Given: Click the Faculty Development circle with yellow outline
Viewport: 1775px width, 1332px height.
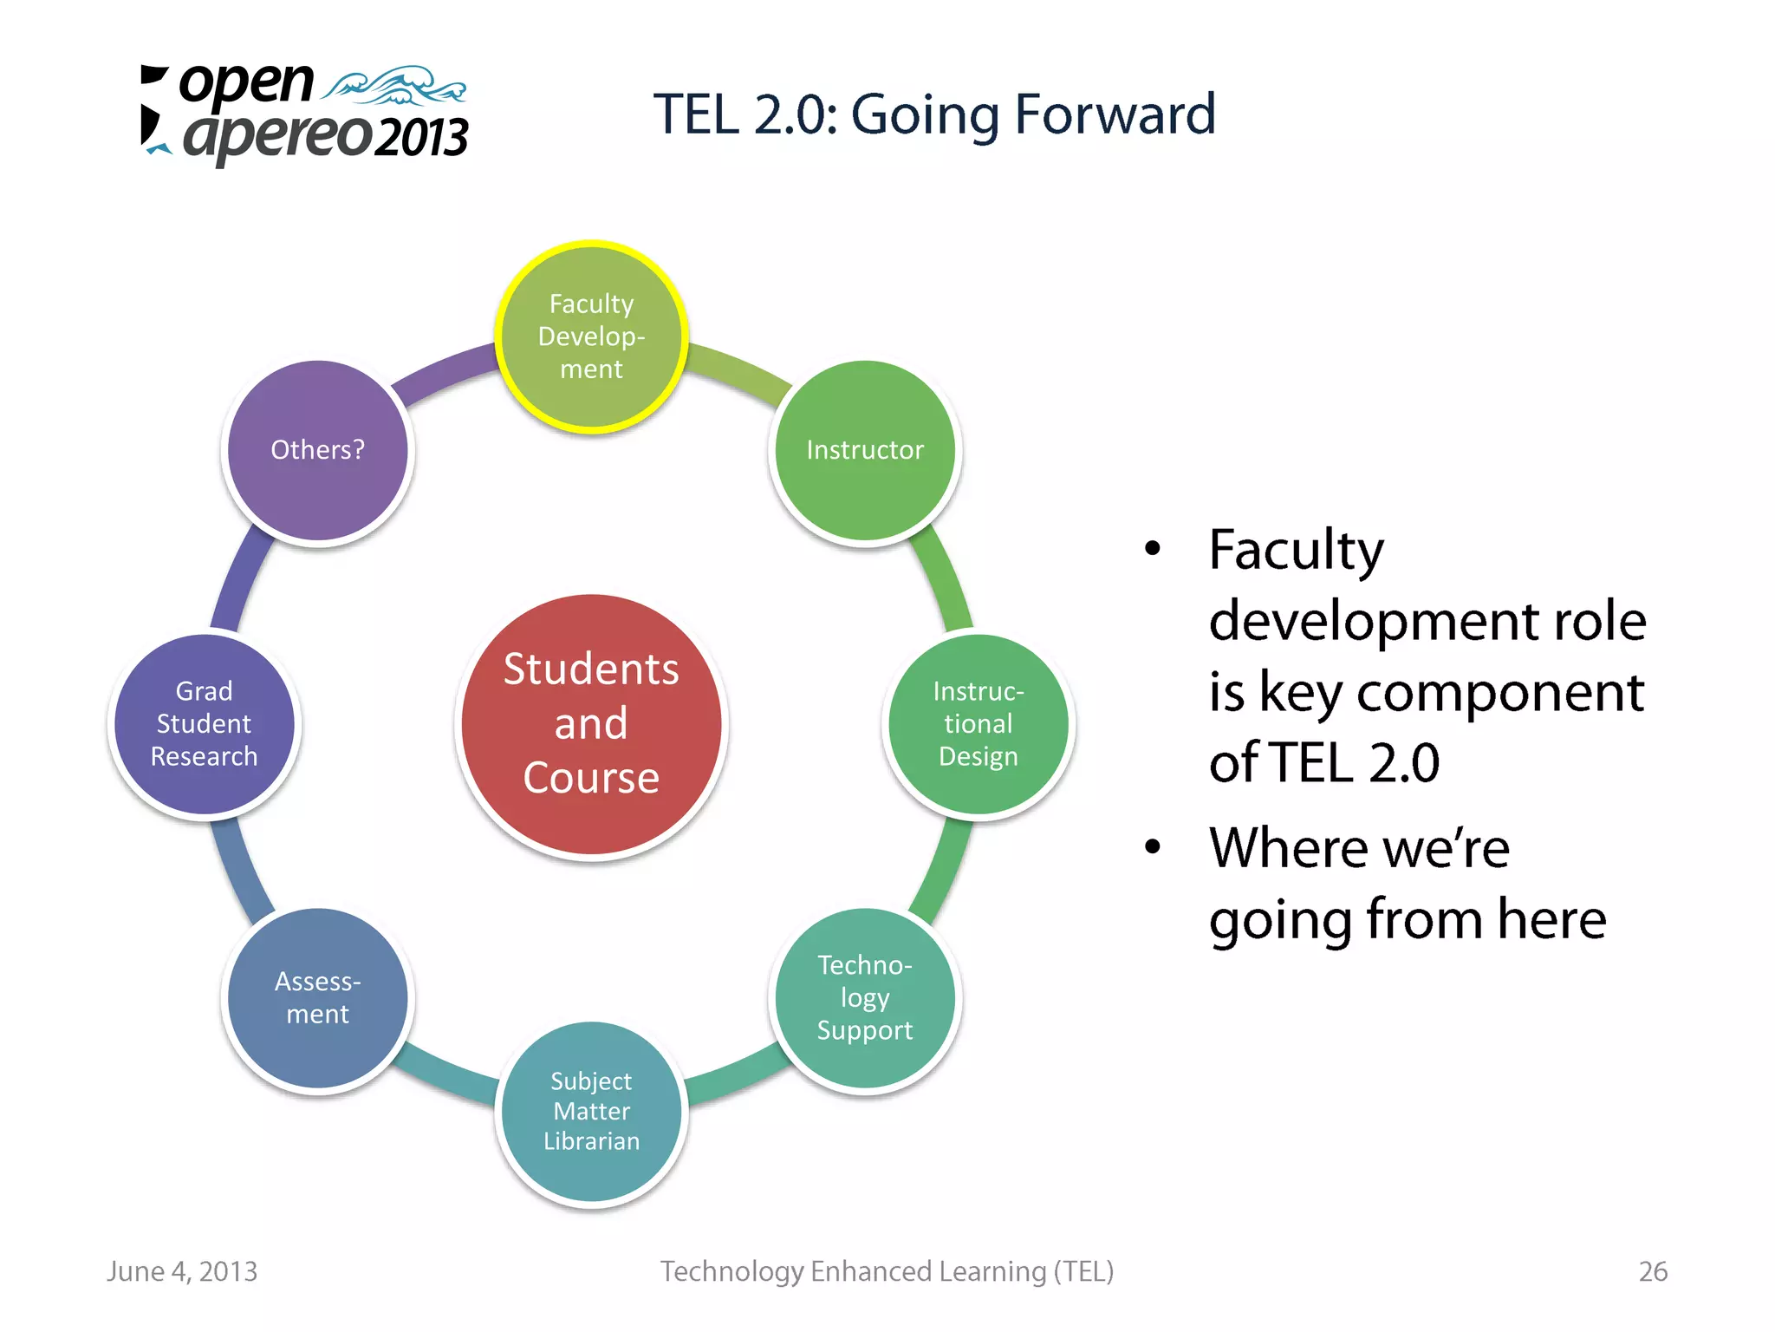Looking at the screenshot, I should [591, 336].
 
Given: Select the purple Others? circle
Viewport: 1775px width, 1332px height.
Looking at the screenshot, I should [317, 450].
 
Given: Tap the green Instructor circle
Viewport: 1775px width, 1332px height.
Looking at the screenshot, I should [865, 450].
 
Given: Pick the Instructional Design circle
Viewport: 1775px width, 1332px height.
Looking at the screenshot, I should [978, 724].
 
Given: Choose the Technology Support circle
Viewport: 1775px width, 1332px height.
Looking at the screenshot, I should [865, 998].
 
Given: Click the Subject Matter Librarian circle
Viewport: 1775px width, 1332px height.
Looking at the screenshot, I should [591, 1112].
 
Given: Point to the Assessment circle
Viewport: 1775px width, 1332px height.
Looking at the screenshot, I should [317, 998].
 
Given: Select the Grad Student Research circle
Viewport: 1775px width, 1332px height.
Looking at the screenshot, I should [205, 724].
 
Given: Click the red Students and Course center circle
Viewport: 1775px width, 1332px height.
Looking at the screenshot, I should [591, 724].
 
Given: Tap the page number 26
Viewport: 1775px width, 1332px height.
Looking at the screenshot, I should [1652, 1271].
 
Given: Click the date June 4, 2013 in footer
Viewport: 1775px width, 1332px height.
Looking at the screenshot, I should [182, 1271].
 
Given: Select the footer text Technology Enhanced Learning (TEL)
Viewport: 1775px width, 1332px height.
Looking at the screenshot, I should [887, 1271].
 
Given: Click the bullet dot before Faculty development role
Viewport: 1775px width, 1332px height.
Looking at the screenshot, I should [1152, 548].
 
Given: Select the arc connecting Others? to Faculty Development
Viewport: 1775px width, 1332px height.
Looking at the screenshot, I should [442, 371].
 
